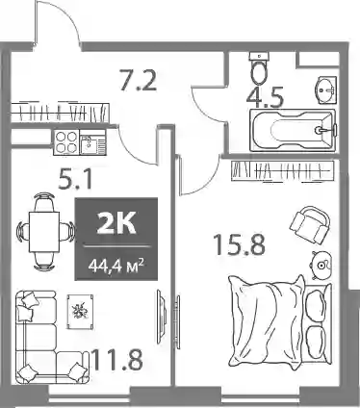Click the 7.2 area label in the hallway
(x=138, y=80)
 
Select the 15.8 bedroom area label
(x=240, y=244)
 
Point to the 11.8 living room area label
(x=116, y=359)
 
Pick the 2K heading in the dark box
(x=116, y=223)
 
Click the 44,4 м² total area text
(x=116, y=266)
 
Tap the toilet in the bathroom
(x=259, y=69)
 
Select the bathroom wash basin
(x=325, y=90)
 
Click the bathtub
(x=293, y=130)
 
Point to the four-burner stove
(x=66, y=142)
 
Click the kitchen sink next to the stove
(x=92, y=142)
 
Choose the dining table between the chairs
(x=44, y=232)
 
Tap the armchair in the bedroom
(x=310, y=224)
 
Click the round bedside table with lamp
(x=321, y=266)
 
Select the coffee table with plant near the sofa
(x=80, y=312)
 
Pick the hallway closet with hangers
(x=60, y=113)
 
